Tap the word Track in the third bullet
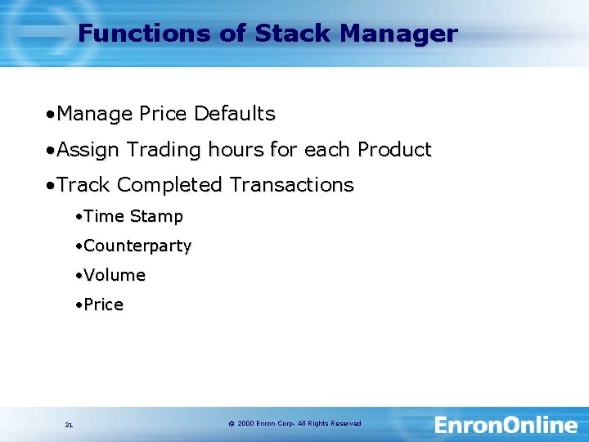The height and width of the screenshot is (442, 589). point(83,185)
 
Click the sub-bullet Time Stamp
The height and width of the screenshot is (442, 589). point(133,217)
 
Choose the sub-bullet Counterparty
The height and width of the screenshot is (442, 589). point(137,246)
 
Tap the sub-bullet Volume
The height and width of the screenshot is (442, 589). point(114,276)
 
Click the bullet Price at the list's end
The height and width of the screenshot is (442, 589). point(103,305)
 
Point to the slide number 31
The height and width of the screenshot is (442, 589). point(69,425)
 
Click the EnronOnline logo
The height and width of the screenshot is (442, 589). point(506,425)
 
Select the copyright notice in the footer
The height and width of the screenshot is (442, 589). point(294,424)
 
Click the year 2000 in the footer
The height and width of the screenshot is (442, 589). point(245,424)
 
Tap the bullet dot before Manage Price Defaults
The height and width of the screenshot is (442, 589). point(50,114)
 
